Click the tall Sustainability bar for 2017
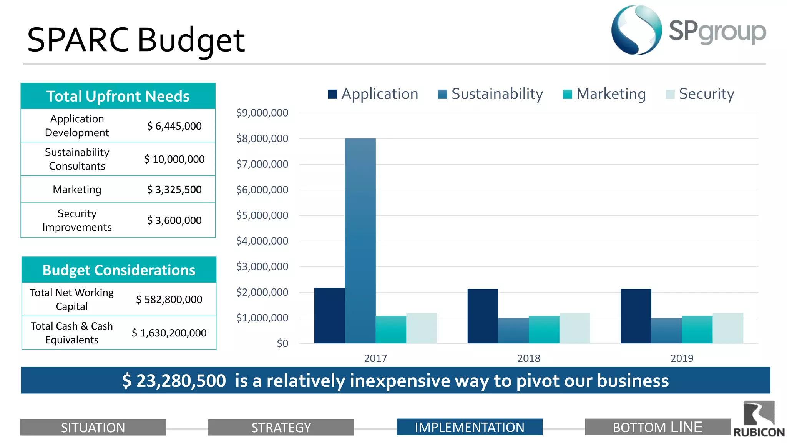[x=360, y=241]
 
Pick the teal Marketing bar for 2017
[x=391, y=330]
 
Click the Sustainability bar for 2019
[x=666, y=331]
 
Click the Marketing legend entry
[x=604, y=94]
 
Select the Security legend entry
[x=700, y=94]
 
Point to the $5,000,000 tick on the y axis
[x=262, y=215]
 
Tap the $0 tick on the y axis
[x=282, y=343]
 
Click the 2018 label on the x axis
[x=529, y=358]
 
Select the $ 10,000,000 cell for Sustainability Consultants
[x=174, y=159]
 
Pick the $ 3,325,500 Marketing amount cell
[x=174, y=190]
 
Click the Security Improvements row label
[x=77, y=220]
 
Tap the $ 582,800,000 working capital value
[x=169, y=300]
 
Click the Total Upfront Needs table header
[x=118, y=96]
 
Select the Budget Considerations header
[x=119, y=270]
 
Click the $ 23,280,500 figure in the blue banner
[x=174, y=381]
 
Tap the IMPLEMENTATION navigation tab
[x=469, y=427]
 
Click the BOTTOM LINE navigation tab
[x=657, y=427]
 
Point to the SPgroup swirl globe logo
[x=637, y=30]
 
